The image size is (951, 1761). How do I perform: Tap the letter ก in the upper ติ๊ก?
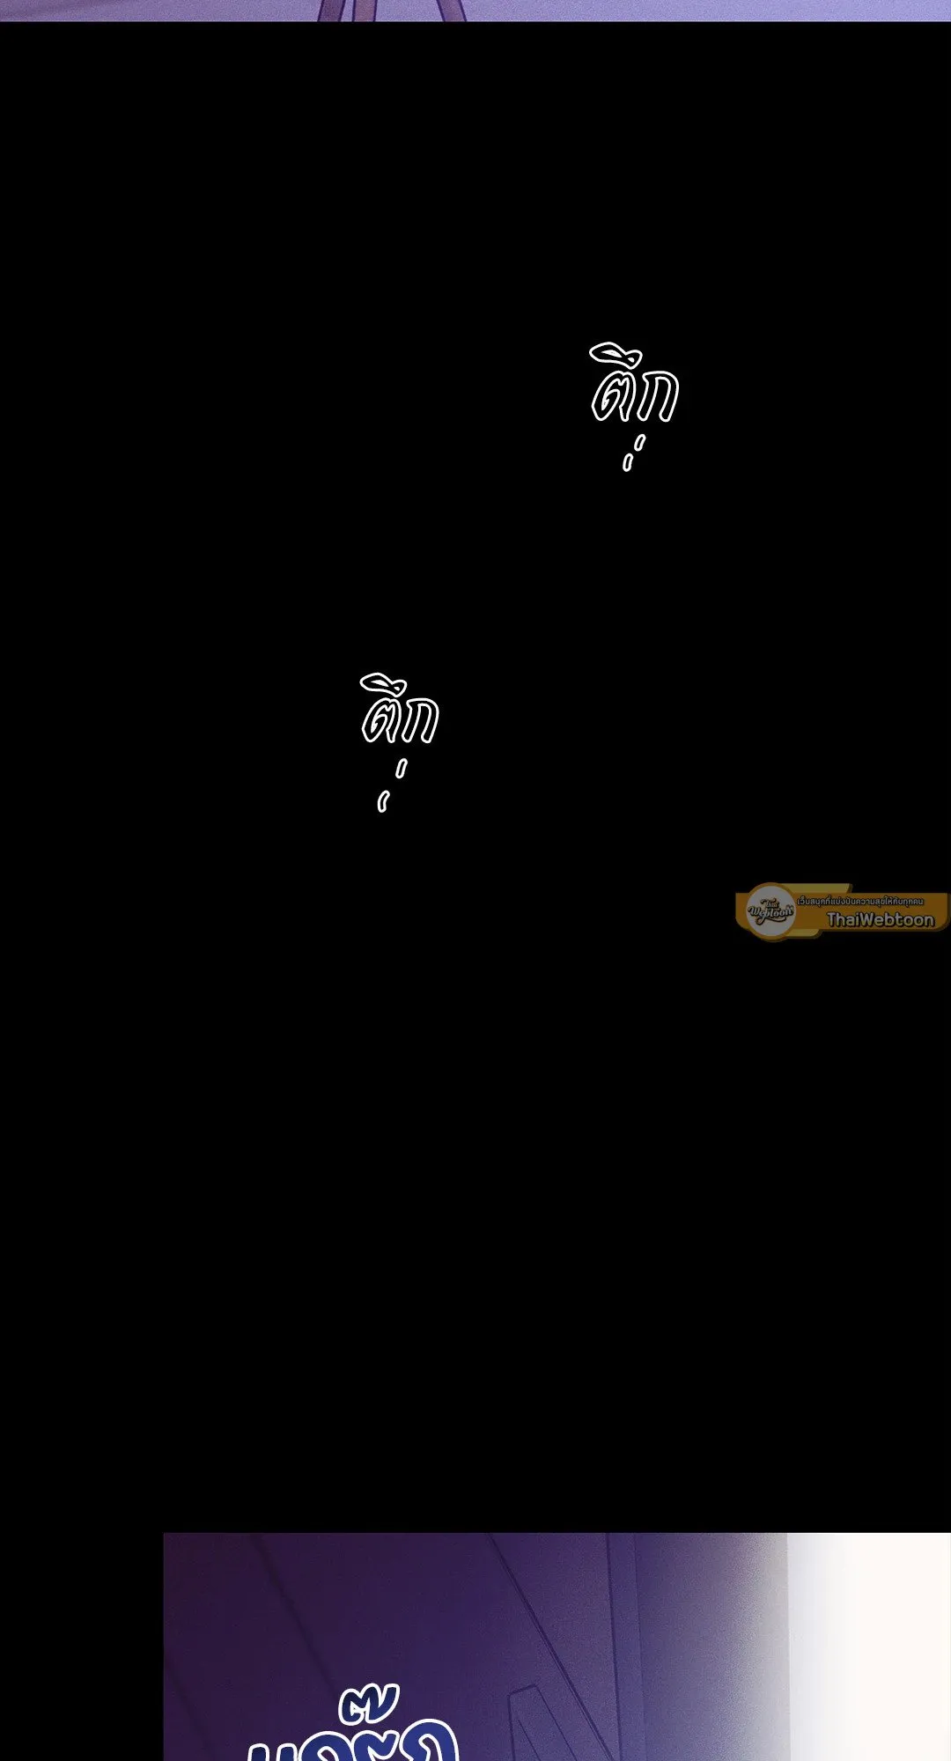[x=658, y=397]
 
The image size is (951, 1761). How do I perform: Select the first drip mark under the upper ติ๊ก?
[x=640, y=441]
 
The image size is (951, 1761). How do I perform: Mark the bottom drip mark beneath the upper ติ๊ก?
[x=627, y=462]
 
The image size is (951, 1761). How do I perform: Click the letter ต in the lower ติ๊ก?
[x=380, y=721]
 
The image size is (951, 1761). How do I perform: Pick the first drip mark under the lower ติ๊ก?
[x=402, y=770]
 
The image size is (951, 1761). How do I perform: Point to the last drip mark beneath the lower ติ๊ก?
[x=382, y=802]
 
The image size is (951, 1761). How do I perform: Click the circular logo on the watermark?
[x=770, y=910]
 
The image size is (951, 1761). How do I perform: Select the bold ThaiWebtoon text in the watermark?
[x=880, y=919]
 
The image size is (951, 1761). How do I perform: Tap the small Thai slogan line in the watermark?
[x=860, y=901]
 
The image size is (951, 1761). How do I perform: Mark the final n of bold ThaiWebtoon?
[x=927, y=920]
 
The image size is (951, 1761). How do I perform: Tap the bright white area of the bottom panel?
[x=867, y=1647]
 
